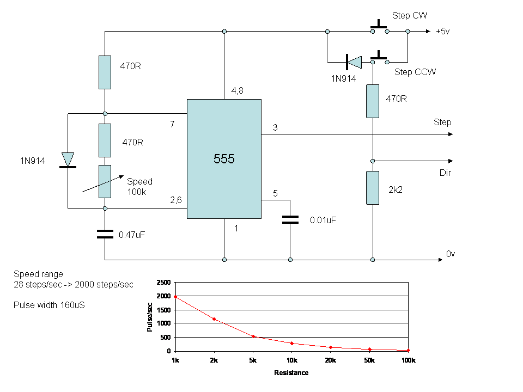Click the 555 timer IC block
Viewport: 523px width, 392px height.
pos(224,159)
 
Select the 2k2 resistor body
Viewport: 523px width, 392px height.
pos(373,188)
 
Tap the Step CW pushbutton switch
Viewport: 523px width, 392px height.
pos(380,28)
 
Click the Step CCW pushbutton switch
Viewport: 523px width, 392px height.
pos(380,58)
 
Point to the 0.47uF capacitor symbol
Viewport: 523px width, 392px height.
pos(105,234)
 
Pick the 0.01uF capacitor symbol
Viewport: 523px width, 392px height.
pos(290,219)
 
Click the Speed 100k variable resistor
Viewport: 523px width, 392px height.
pos(105,182)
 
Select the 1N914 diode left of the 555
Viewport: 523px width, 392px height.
pos(68,160)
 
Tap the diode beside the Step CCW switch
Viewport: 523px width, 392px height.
pos(354,62)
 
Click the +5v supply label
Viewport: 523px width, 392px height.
pos(442,32)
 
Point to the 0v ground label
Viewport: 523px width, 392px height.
pos(451,254)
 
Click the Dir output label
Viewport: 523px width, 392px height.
pos(445,173)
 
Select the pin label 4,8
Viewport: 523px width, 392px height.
pos(237,91)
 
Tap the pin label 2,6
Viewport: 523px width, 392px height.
pos(176,200)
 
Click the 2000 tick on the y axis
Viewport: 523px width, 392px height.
pos(163,296)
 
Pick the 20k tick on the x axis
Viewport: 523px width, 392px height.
pos(331,360)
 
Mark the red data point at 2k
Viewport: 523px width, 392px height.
pos(214,320)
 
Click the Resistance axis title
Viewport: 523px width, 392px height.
pos(291,372)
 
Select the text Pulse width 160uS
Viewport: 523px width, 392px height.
pos(49,305)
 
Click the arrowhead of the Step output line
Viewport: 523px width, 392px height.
pos(451,134)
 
